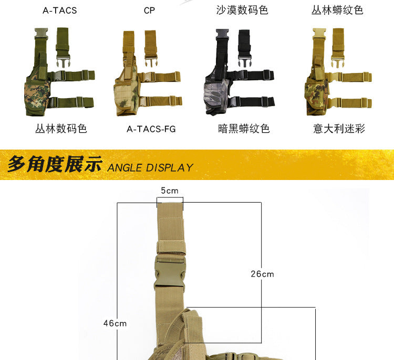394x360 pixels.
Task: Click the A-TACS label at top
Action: [x=60, y=10]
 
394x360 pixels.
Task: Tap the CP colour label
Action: [x=149, y=10]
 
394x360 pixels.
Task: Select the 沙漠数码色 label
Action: [x=242, y=10]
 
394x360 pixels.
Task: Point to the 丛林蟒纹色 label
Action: [x=337, y=10]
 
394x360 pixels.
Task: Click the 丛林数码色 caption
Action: [x=61, y=129]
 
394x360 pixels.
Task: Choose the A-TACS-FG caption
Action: [x=151, y=129]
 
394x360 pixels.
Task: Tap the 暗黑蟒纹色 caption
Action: [x=244, y=129]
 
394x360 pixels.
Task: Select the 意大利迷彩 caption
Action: [x=339, y=129]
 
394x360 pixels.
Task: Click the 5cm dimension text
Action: [x=170, y=191]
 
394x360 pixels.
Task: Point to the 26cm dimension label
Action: [x=262, y=274]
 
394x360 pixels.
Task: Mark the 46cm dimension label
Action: [x=115, y=323]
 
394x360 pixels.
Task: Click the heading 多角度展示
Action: [x=55, y=164]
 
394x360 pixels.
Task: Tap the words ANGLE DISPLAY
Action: [x=150, y=168]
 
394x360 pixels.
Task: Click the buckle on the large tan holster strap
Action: [x=170, y=271]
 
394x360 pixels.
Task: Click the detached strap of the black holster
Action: [x=244, y=48]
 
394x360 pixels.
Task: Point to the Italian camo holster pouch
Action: [x=317, y=97]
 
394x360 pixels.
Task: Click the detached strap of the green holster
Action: [x=63, y=47]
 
